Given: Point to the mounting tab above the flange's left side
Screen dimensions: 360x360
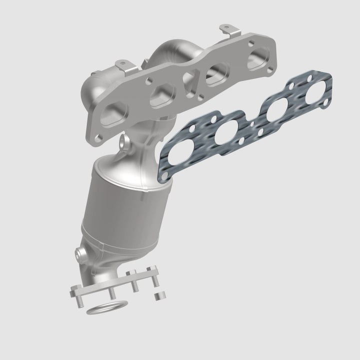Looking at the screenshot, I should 122,65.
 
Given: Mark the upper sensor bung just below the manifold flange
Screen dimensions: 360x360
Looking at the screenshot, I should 125,142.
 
